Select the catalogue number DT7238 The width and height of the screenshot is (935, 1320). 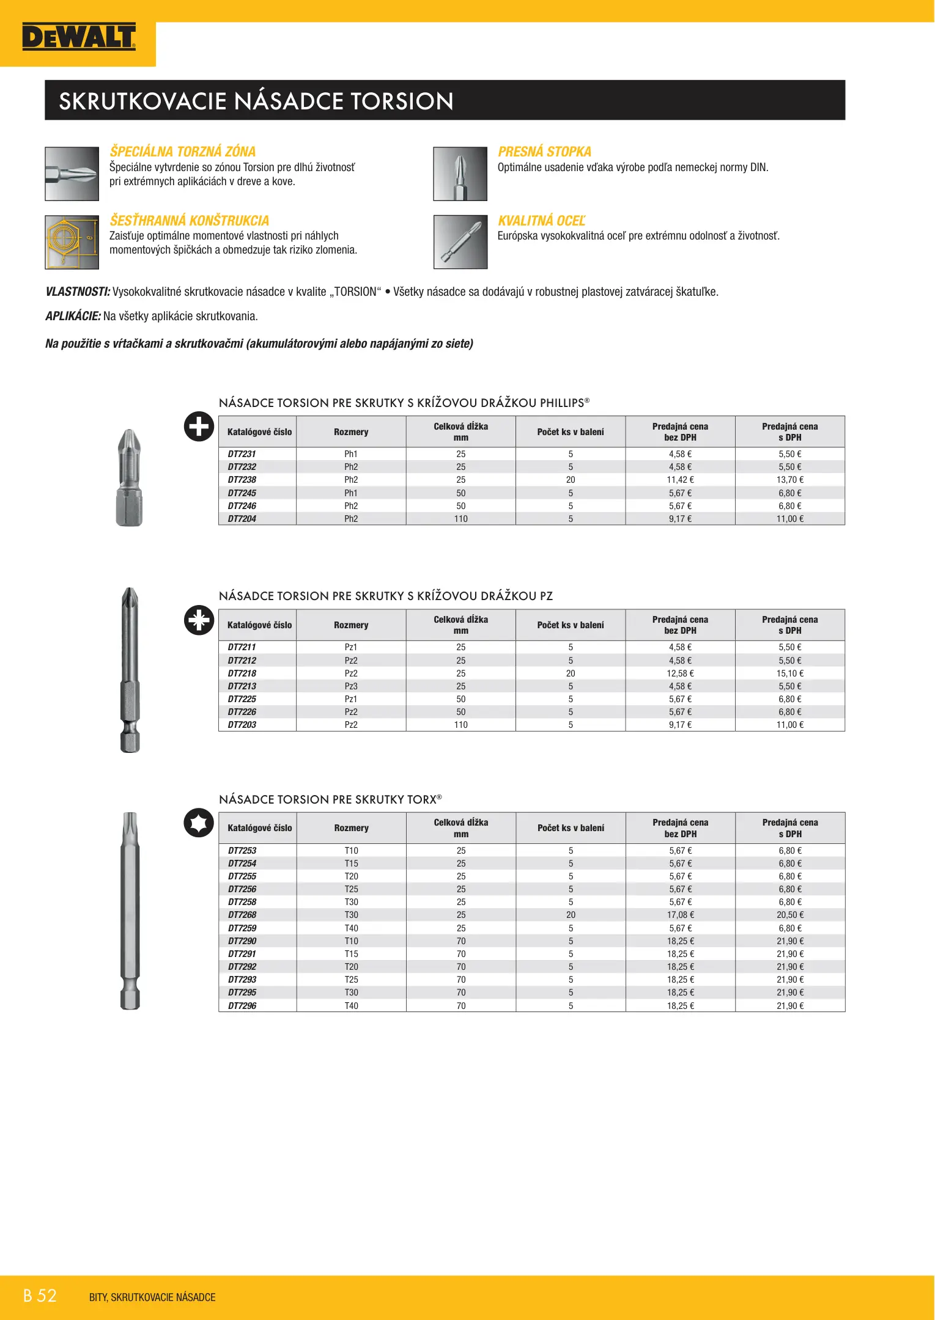242,480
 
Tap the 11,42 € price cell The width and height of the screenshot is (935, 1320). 680,480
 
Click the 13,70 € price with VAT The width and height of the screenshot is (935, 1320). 789,480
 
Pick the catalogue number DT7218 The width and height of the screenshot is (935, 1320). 242,673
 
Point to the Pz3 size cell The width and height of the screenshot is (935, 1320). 351,686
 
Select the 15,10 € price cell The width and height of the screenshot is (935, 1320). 789,673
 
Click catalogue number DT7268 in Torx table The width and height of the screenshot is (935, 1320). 242,915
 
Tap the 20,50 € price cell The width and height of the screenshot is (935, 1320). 789,915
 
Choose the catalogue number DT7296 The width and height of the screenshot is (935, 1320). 242,1006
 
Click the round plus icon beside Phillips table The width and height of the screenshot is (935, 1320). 199,427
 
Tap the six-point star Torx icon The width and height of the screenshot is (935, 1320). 199,823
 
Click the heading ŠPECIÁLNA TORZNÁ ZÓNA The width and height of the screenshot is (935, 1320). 182,152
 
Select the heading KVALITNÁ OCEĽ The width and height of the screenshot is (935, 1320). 541,221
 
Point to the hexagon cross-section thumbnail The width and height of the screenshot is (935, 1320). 72,242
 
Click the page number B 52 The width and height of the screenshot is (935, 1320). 40,1296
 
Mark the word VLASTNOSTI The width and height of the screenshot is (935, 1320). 78,292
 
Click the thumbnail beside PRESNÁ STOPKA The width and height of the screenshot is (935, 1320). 460,174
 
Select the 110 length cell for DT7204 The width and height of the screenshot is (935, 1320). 460,519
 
